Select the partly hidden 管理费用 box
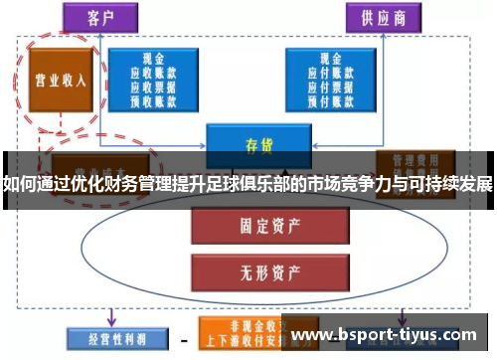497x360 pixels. [x=415, y=160]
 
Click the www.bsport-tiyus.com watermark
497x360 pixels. [x=388, y=332]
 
